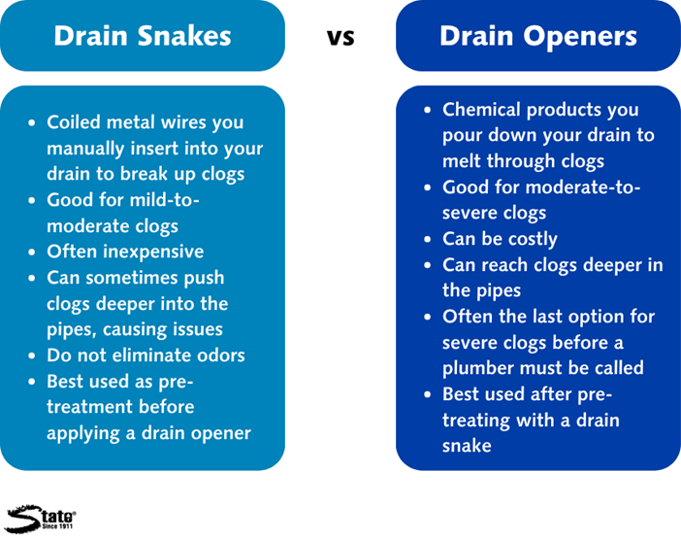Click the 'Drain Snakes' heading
point(143,36)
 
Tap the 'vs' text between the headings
point(340,38)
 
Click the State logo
point(41,519)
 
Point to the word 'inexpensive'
point(153,252)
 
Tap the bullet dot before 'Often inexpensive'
point(31,253)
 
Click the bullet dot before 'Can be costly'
point(428,239)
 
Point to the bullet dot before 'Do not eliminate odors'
point(31,355)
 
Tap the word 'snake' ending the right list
point(467,446)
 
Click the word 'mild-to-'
point(164,200)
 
